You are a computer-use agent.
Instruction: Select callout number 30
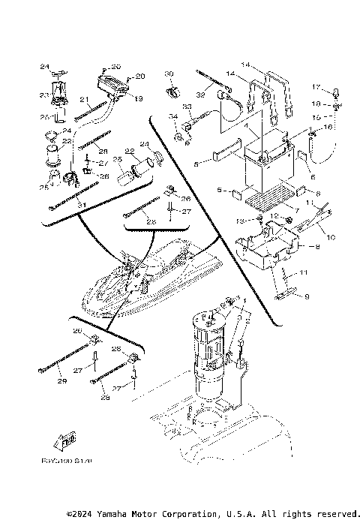[x=169, y=73]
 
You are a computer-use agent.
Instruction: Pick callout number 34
[x=172, y=116]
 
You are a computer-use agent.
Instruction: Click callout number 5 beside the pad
[x=196, y=163]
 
